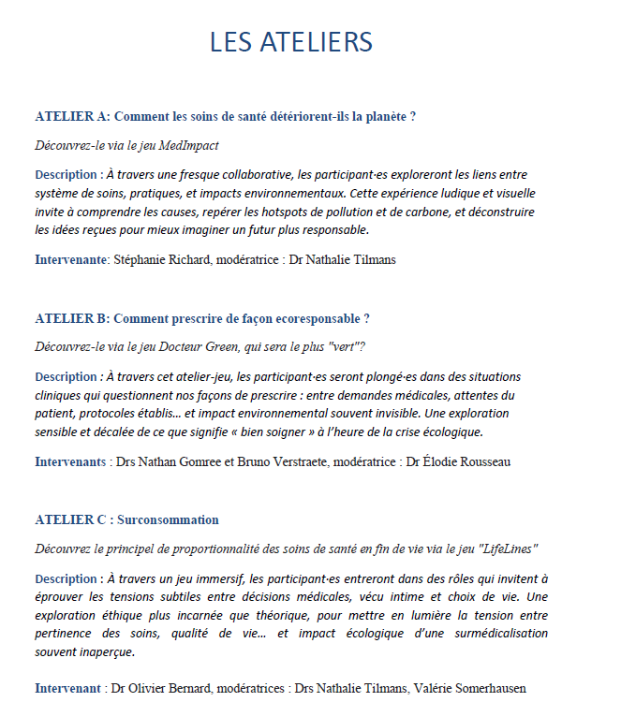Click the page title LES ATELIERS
pos(291,42)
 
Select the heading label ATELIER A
pos(71,117)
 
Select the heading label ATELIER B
pos(71,318)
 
